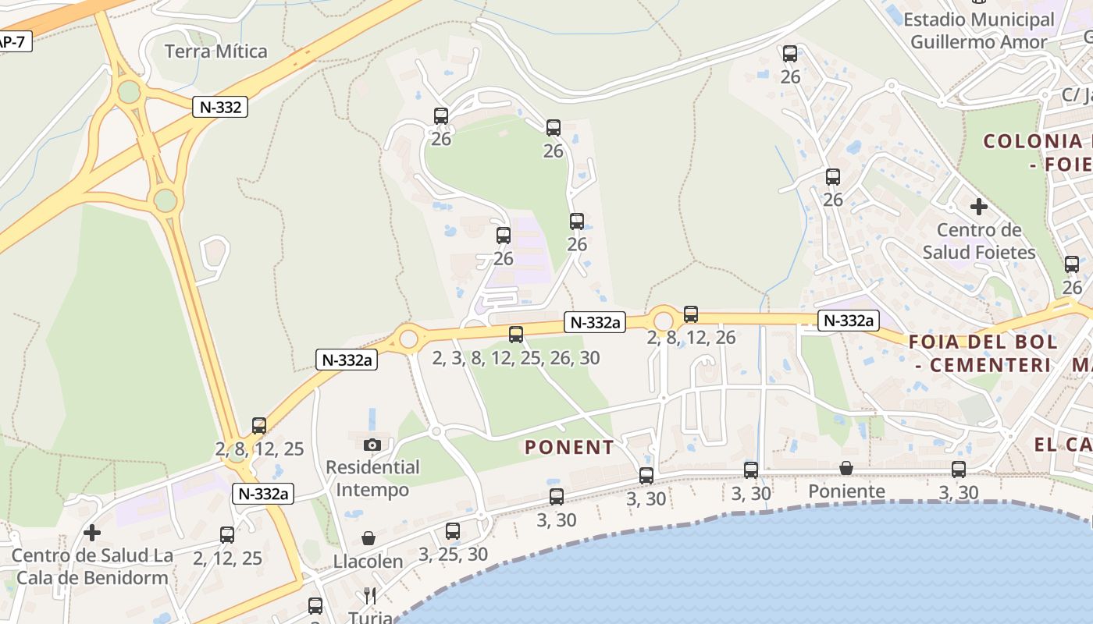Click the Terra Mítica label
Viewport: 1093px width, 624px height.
pyautogui.click(x=216, y=51)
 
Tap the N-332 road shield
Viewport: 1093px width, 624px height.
pyautogui.click(x=220, y=107)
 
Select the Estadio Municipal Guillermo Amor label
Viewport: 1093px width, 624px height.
pyautogui.click(x=979, y=30)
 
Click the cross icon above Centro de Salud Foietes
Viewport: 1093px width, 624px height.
pyautogui.click(x=978, y=207)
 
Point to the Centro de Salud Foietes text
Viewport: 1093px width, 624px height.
pyautogui.click(x=979, y=241)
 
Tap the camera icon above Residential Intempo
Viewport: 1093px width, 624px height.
pyautogui.click(x=372, y=445)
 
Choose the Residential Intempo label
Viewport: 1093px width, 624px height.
pyautogui.click(x=372, y=478)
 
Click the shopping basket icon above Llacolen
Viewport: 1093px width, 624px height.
pyautogui.click(x=368, y=538)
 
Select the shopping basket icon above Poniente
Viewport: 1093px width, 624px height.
pyautogui.click(x=846, y=468)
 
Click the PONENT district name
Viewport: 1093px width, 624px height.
pyautogui.click(x=569, y=448)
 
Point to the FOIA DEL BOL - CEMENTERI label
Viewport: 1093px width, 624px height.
pyautogui.click(x=984, y=353)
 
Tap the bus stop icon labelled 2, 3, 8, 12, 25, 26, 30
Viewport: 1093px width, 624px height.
pyautogui.click(x=516, y=335)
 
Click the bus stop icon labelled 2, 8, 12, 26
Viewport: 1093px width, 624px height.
pyautogui.click(x=691, y=314)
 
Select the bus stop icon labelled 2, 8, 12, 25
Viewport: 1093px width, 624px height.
pyautogui.click(x=259, y=426)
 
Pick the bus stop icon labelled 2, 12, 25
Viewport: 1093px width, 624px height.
pyautogui.click(x=227, y=535)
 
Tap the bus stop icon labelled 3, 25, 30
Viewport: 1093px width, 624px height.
pyautogui.click(x=453, y=531)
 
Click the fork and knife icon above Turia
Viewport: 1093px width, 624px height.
pyautogui.click(x=370, y=596)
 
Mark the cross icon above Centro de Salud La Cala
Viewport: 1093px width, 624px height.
pyautogui.click(x=92, y=533)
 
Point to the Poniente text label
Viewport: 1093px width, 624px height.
pyautogui.click(x=846, y=491)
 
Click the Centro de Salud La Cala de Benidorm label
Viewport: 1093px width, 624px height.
pyautogui.click(x=92, y=567)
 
